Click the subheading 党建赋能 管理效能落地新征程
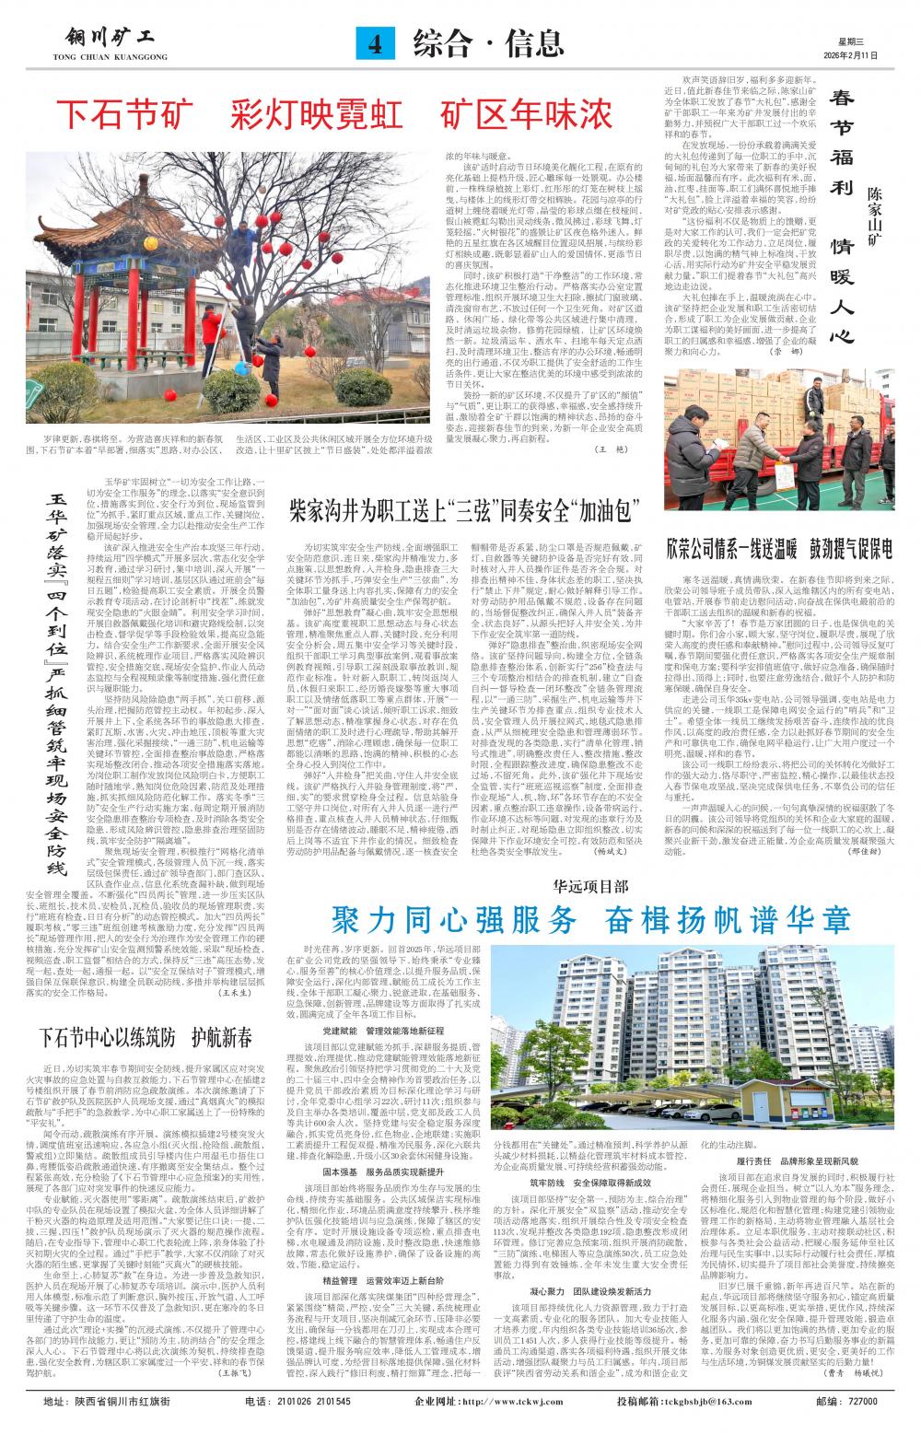[x=386, y=1030]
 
